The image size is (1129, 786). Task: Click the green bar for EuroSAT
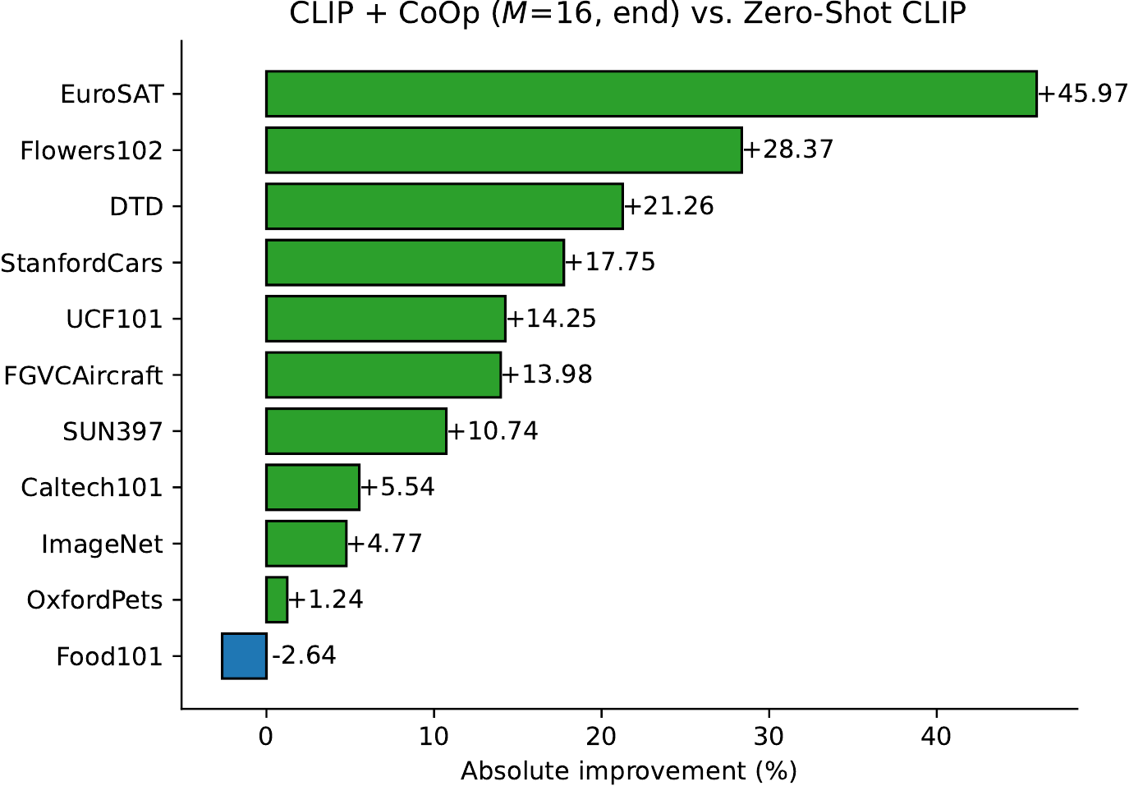pyautogui.click(x=651, y=94)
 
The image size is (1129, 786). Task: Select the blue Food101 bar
pyautogui.click(x=244, y=656)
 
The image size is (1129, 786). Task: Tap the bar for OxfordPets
pyautogui.click(x=277, y=600)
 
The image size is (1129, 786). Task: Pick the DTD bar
pyautogui.click(x=444, y=206)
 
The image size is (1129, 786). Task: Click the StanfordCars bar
pyautogui.click(x=415, y=263)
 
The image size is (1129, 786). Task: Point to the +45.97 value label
pyautogui.click(x=1083, y=94)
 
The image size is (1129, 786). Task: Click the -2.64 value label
pyautogui.click(x=304, y=655)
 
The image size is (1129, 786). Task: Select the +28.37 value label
pyautogui.click(x=788, y=149)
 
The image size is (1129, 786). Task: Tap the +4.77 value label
pyautogui.click(x=385, y=544)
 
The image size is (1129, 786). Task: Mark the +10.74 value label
pyautogui.click(x=493, y=431)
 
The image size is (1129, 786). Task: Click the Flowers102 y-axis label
pyautogui.click(x=92, y=151)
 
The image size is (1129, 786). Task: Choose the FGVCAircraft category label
pyautogui.click(x=83, y=375)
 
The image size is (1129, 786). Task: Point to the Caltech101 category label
pyautogui.click(x=92, y=488)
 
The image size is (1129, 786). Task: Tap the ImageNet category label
pyautogui.click(x=103, y=545)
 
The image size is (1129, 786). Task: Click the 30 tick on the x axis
pyautogui.click(x=769, y=737)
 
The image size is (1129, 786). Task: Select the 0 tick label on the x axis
pyautogui.click(x=265, y=737)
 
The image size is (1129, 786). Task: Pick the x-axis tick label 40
pyautogui.click(x=937, y=737)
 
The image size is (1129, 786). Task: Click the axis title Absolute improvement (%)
pyautogui.click(x=629, y=771)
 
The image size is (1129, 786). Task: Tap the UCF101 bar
pyautogui.click(x=386, y=319)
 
